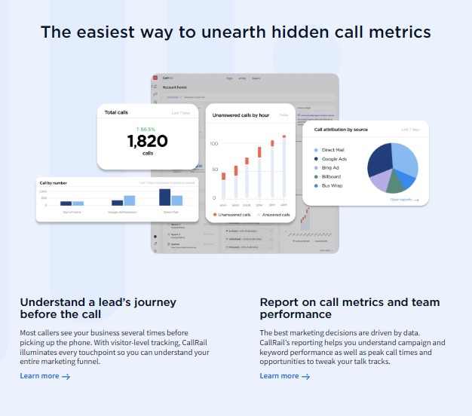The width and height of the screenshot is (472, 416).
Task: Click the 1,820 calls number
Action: point(147,141)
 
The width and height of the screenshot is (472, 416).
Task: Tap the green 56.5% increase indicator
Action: point(147,128)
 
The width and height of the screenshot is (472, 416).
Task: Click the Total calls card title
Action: point(116,112)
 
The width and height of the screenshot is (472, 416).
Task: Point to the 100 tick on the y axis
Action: point(214,143)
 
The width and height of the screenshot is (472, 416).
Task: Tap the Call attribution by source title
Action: point(341,130)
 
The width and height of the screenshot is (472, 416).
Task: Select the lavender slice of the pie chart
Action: point(380,179)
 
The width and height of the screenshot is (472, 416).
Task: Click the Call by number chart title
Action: point(55,182)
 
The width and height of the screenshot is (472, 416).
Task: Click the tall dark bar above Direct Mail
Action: point(165,197)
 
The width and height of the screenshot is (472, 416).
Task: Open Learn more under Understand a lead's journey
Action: point(44,376)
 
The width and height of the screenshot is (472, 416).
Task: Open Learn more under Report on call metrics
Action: point(284,376)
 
